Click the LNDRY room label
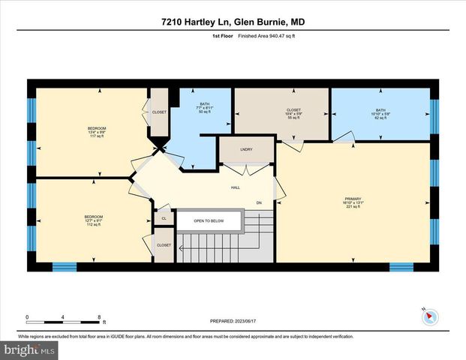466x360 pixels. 246,149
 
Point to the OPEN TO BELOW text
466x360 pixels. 210,221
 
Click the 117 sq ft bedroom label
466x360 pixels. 93,132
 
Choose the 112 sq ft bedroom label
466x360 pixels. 93,220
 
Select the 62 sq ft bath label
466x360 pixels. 380,114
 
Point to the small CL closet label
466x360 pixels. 164,219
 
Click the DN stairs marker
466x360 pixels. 259,202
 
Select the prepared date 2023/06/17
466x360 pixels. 233,322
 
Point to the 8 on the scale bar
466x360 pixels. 99,316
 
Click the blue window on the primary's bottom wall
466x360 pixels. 401,267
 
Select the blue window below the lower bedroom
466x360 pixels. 65,267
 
